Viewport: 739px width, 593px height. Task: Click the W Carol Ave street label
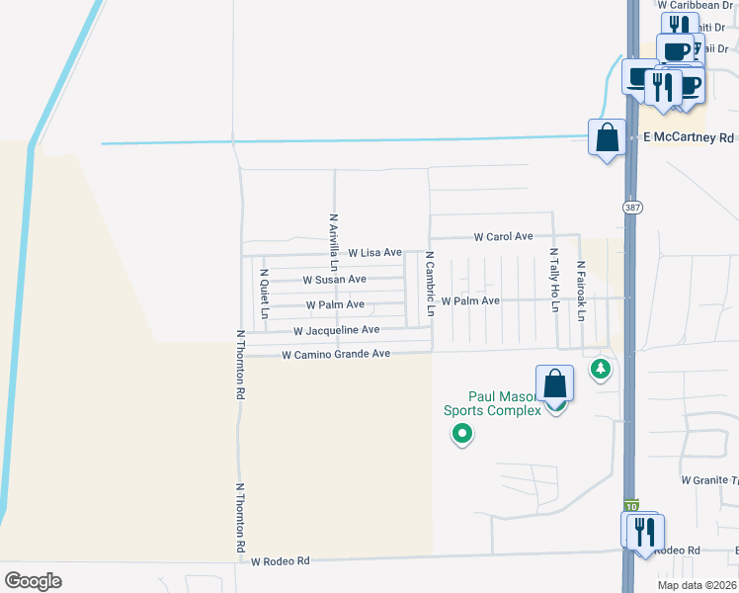pos(503,237)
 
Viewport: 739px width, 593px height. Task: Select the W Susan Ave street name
pos(334,280)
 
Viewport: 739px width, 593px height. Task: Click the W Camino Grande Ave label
pos(336,354)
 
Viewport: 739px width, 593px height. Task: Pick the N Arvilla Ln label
pos(334,242)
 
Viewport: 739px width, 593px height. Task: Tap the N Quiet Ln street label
pos(264,293)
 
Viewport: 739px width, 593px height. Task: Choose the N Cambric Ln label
pos(430,283)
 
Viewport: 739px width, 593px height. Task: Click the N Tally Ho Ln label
pos(554,281)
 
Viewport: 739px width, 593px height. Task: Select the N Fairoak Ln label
pos(582,291)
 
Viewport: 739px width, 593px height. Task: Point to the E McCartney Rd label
pos(689,138)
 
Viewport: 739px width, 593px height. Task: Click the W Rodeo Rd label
pos(280,561)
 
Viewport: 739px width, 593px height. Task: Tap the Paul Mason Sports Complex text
pos(491,403)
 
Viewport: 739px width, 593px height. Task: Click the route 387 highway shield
pos(631,207)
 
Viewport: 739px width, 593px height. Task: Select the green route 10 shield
pos(632,505)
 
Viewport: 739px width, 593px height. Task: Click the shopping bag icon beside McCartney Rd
pos(607,137)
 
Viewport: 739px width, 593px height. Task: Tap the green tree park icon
pos(600,370)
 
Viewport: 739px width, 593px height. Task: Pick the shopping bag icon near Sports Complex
pos(555,385)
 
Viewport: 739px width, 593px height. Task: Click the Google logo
pos(33,581)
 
